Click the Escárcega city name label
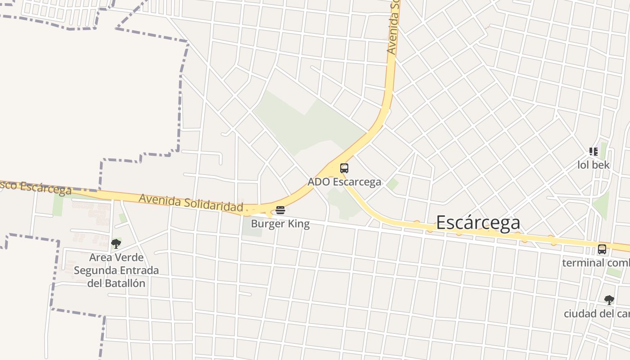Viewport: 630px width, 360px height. click(x=478, y=222)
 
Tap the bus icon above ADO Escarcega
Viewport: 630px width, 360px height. click(x=344, y=168)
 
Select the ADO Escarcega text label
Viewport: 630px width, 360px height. click(x=344, y=182)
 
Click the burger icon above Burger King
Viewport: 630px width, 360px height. click(x=280, y=210)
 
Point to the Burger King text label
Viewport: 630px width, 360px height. click(x=280, y=224)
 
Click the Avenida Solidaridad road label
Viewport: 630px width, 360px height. click(x=191, y=202)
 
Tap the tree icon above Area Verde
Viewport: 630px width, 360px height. click(x=116, y=244)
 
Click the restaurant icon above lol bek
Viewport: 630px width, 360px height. click(x=594, y=152)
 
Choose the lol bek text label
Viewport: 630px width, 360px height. click(x=594, y=165)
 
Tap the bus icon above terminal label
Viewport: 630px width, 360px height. click(x=602, y=249)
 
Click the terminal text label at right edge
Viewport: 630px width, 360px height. click(x=596, y=262)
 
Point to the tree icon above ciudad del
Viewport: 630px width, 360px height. click(x=609, y=300)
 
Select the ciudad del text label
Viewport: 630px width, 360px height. click(x=597, y=313)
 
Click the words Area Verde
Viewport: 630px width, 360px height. click(x=116, y=257)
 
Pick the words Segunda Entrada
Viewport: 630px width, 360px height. click(x=116, y=270)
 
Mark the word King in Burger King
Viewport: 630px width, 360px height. click(x=298, y=224)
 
